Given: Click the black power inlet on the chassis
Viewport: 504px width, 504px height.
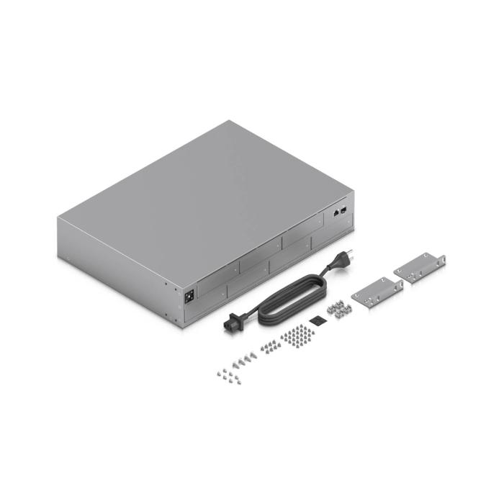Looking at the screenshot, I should [x=190, y=294].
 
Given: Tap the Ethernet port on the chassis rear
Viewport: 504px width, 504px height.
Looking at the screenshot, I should [x=336, y=213].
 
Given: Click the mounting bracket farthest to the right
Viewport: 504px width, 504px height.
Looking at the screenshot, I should [x=420, y=268].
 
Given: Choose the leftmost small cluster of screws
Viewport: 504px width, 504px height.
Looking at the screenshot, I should [x=228, y=372].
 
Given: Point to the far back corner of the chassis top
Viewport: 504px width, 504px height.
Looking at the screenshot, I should [x=230, y=121].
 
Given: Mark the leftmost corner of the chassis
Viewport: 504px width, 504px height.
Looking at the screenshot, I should [x=57, y=217].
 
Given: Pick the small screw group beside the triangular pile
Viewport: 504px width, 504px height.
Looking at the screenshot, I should [x=268, y=346].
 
